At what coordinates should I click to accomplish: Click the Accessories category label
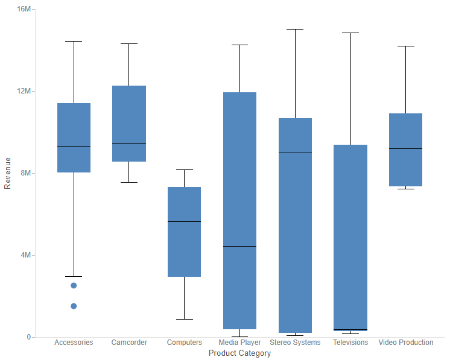point(74,343)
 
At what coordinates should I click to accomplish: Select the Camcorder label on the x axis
point(129,343)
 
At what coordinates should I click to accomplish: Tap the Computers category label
point(184,343)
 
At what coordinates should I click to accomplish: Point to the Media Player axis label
point(239,343)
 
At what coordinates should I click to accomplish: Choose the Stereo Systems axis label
point(295,343)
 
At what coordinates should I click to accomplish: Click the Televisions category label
point(350,343)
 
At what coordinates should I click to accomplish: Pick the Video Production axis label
point(406,343)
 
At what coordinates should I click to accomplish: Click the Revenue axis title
point(8,174)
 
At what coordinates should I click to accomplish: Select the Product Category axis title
point(239,353)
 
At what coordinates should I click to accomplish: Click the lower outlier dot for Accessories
point(74,306)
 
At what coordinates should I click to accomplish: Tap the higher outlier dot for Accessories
point(74,285)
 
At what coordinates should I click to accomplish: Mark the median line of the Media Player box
point(239,246)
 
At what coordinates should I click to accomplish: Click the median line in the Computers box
point(184,221)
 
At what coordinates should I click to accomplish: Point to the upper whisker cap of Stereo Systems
point(295,29)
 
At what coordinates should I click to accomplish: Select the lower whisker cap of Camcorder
point(129,182)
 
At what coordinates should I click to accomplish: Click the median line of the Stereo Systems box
point(295,153)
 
